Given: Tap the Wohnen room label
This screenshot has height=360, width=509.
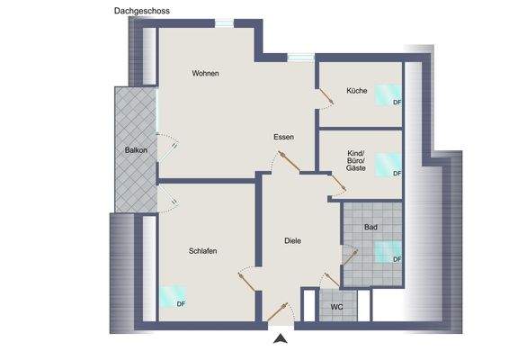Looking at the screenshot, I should [x=205, y=74].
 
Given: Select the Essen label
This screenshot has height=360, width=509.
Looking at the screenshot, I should [x=285, y=137].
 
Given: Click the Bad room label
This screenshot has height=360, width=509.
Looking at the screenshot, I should [x=371, y=228].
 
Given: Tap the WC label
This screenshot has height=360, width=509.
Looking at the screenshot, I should [x=337, y=307].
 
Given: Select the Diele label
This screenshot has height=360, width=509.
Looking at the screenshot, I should [x=292, y=240].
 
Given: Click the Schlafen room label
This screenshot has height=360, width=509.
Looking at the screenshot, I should [x=203, y=251].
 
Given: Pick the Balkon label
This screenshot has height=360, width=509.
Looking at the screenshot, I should [x=136, y=149].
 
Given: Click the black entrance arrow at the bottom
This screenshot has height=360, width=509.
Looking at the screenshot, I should [x=281, y=338].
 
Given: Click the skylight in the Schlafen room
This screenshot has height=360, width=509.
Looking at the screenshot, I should [x=171, y=293].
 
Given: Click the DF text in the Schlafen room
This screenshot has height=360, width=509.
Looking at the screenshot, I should [x=181, y=303].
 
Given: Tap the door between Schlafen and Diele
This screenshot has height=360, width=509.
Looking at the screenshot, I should [x=245, y=278].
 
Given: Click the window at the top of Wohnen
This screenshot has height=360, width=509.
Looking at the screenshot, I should [x=223, y=24].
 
